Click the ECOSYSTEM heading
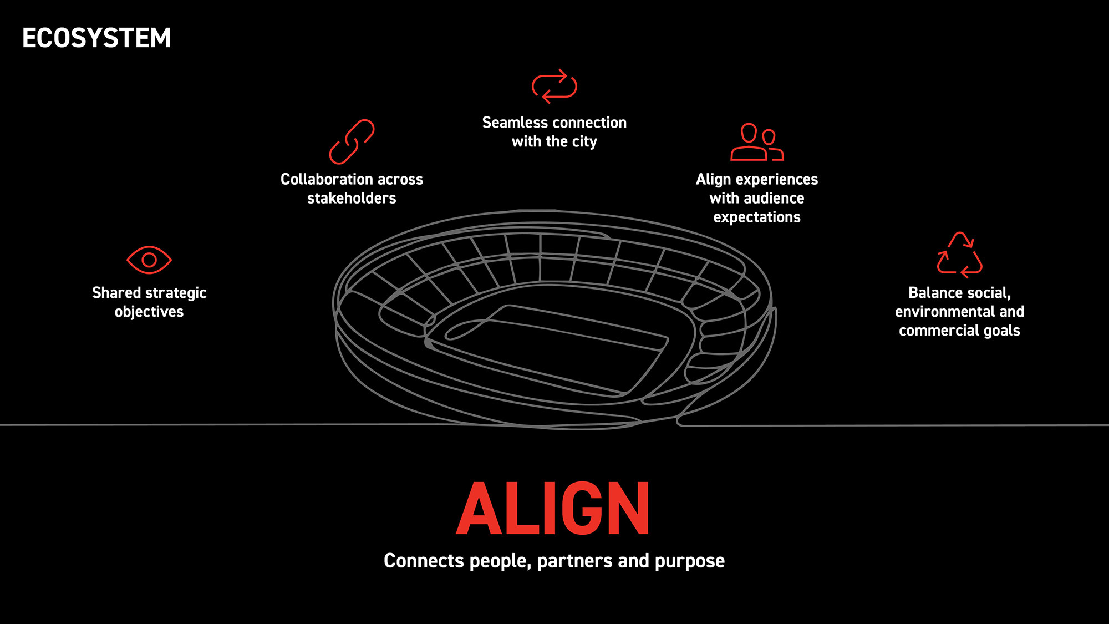(96, 38)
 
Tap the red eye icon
(149, 260)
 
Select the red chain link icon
(352, 142)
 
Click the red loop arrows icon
(554, 86)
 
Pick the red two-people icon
(757, 142)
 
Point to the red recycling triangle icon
(959, 255)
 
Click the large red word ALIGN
(553, 508)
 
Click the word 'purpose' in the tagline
(690, 561)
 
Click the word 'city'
(584, 142)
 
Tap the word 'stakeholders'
(352, 198)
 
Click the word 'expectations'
(757, 217)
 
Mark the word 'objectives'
(149, 312)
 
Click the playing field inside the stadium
(554, 349)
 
